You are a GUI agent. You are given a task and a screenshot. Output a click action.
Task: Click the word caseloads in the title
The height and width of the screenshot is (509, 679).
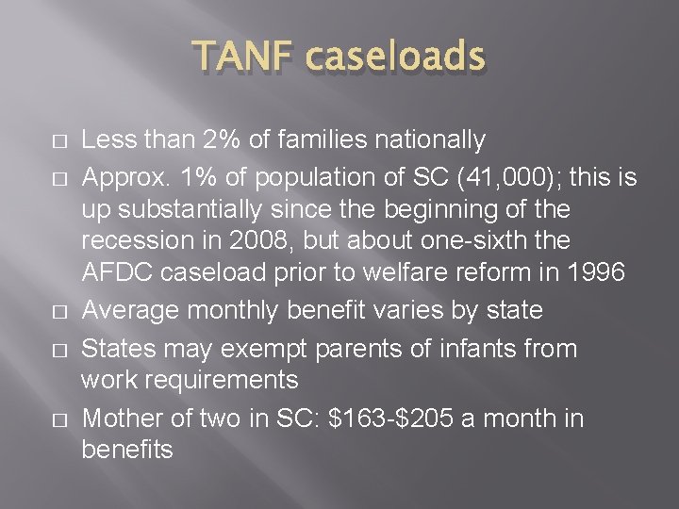click(x=395, y=58)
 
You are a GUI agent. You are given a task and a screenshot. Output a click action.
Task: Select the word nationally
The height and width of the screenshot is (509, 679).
click(x=425, y=141)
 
